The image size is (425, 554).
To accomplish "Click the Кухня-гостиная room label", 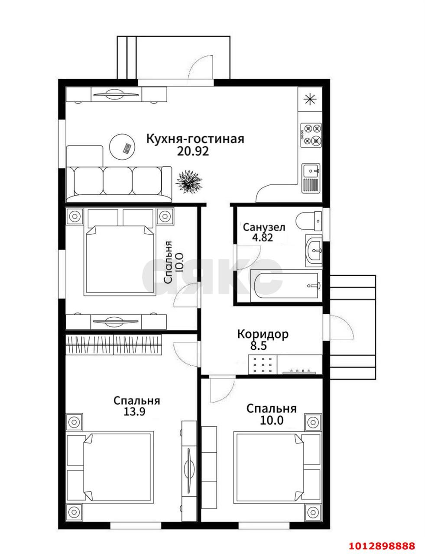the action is (195, 139).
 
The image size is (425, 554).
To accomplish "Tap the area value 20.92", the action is (193, 151).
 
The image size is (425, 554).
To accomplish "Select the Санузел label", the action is (264, 227).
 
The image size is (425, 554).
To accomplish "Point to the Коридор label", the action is (263, 334).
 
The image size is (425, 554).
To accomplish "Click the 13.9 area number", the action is (134, 412).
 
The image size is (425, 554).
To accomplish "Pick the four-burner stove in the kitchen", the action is (311, 135).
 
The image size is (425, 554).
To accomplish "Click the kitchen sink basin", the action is (311, 170).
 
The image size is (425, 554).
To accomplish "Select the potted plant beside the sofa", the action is (188, 181).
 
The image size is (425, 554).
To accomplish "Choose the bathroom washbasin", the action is (313, 250).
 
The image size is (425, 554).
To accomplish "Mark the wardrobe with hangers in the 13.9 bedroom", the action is (114, 345).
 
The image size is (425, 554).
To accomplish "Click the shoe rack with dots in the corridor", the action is (263, 365).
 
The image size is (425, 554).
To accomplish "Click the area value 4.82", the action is (262, 238).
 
